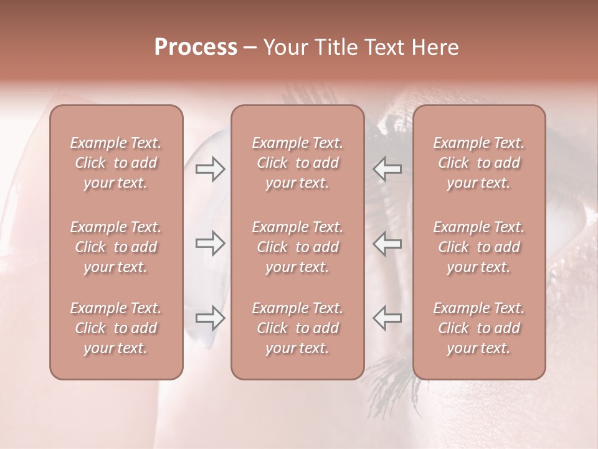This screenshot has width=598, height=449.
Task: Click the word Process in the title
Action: pyautogui.click(x=196, y=47)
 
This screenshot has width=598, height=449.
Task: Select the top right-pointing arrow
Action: pyautogui.click(x=210, y=168)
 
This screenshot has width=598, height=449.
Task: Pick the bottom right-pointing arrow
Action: pyautogui.click(x=210, y=317)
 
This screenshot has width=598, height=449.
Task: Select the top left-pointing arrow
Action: pyautogui.click(x=387, y=168)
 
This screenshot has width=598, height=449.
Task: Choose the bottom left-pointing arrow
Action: pyautogui.click(x=387, y=317)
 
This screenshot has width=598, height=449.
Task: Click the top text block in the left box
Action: pyautogui.click(x=116, y=163)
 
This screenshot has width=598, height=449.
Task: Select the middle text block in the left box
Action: pyautogui.click(x=116, y=247)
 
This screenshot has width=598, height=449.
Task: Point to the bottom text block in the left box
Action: pyautogui.click(x=116, y=328)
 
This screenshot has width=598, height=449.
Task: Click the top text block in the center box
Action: pyautogui.click(x=298, y=163)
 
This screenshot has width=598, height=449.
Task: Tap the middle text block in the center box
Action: pyautogui.click(x=298, y=247)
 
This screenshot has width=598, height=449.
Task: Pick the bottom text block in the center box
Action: pyautogui.click(x=298, y=328)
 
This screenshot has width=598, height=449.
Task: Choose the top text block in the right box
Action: pyautogui.click(x=479, y=163)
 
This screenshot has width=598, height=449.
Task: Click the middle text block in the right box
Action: pyautogui.click(x=479, y=247)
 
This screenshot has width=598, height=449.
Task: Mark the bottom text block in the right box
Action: pyautogui.click(x=479, y=328)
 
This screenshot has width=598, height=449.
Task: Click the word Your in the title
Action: pyautogui.click(x=284, y=47)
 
